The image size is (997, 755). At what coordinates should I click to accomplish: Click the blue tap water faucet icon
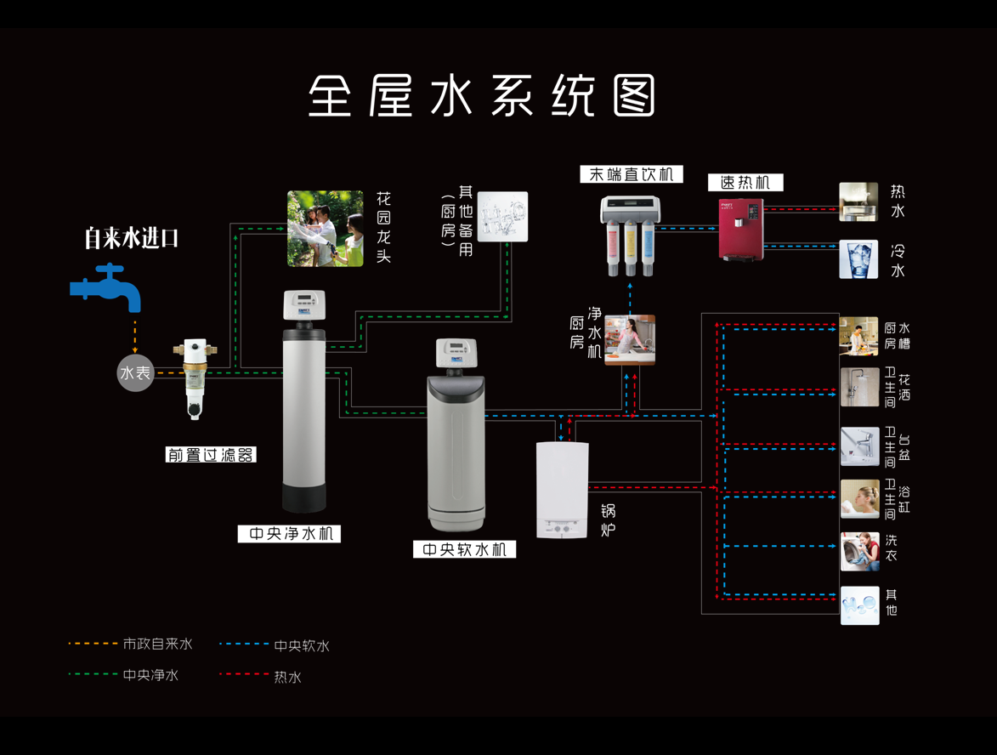(x=106, y=287)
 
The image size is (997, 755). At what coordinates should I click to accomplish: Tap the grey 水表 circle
(x=136, y=373)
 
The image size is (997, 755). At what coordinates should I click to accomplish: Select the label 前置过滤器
(x=211, y=455)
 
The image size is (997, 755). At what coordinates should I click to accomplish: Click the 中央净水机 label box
(x=289, y=534)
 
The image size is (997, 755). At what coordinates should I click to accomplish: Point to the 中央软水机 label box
(x=464, y=549)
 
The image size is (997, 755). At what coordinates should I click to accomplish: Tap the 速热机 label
(x=745, y=183)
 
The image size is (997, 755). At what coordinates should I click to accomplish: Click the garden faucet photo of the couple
(x=325, y=228)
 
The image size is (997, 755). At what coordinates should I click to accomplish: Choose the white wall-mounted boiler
(x=563, y=491)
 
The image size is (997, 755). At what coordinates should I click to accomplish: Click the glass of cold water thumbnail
(x=858, y=259)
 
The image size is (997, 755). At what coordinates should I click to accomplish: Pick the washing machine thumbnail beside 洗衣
(x=859, y=551)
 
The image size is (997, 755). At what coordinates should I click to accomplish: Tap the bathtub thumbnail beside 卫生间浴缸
(x=859, y=499)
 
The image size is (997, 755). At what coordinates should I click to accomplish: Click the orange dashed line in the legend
(x=93, y=644)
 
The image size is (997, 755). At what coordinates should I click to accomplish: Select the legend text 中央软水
(x=301, y=646)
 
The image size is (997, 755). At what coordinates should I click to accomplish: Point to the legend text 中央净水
(x=150, y=675)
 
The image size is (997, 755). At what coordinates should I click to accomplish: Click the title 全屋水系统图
(x=482, y=96)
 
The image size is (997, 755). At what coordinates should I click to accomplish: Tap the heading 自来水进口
(x=131, y=238)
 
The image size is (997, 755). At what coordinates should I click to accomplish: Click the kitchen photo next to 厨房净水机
(x=629, y=340)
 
